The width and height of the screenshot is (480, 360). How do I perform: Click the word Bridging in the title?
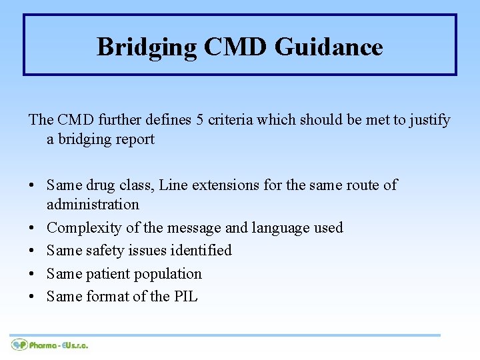tap(147, 47)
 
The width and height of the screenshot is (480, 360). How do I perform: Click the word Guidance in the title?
tap(329, 47)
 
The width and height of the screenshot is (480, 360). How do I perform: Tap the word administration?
tap(93, 204)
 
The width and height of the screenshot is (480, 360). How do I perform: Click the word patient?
tap(110, 274)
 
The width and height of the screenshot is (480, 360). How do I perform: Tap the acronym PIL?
tap(185, 297)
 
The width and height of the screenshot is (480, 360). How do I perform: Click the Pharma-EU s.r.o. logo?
tap(50, 345)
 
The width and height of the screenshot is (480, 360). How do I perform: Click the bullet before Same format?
tap(33, 297)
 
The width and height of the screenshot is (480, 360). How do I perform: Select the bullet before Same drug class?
tap(33, 185)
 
